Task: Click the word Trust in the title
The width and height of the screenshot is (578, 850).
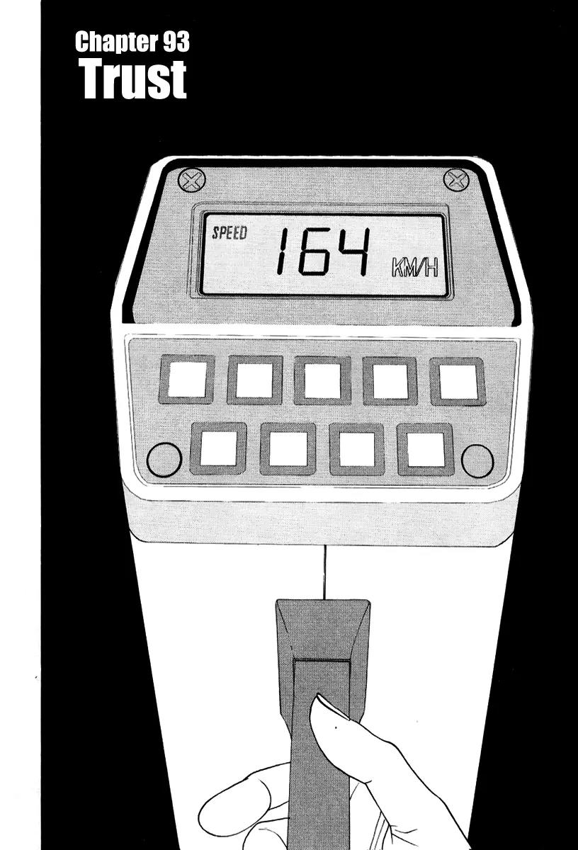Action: [x=132, y=80]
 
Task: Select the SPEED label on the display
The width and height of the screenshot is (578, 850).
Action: [x=229, y=232]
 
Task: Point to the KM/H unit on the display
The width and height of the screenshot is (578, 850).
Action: [x=415, y=268]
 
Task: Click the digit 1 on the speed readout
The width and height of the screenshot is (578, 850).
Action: [x=283, y=251]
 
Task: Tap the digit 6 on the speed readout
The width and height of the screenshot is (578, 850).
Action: [x=313, y=251]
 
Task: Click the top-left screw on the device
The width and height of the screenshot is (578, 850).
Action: [x=192, y=180]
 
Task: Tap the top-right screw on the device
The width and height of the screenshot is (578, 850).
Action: [x=457, y=180]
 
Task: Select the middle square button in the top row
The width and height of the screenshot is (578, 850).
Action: [x=322, y=380]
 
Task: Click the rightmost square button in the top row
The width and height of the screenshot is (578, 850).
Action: [x=458, y=381]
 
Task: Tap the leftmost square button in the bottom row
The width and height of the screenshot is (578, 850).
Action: [x=218, y=448]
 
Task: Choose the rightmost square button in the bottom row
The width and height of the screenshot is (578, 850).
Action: [x=426, y=449]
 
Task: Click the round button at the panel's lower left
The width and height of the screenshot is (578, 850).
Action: [x=164, y=460]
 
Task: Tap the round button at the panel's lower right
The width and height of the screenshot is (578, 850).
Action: [x=477, y=461]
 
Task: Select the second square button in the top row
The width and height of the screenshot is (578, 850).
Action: [x=255, y=380]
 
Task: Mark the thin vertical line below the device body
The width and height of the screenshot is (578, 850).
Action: [x=325, y=572]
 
